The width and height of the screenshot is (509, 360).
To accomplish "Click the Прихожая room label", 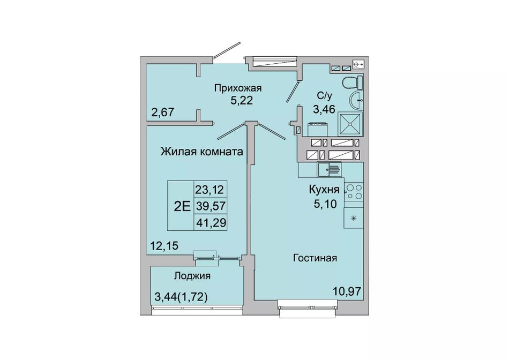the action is pos(237,88).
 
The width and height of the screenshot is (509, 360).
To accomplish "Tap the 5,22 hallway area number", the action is pos(242,101).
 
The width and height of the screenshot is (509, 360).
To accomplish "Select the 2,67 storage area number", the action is pos(163,112).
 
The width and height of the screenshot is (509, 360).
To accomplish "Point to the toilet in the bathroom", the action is pos(353,82).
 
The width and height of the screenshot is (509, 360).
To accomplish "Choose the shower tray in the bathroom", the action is pos(350,124).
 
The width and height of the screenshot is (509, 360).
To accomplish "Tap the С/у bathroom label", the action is pos(325,96).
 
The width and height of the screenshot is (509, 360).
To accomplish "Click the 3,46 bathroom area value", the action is pos(324,109).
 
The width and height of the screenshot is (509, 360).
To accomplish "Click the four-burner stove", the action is pos(354,192).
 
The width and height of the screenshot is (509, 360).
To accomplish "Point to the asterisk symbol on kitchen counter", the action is pos(354,218).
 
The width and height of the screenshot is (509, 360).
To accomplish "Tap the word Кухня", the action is pos(324,190).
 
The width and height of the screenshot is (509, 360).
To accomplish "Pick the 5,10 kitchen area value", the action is pos(325,204).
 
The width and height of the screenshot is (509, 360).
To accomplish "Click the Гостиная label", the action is pos(315,258).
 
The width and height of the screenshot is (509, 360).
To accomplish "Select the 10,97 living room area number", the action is pos(347,291).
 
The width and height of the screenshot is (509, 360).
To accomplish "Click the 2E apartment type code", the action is pos(182,206).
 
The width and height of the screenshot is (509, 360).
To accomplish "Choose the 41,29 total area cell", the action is pos(211,223).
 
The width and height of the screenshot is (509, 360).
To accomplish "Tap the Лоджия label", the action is pos(192,276).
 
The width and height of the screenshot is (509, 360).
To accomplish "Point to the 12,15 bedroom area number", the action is pos(164,246).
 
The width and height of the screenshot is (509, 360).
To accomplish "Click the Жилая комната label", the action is pos(202,152).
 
